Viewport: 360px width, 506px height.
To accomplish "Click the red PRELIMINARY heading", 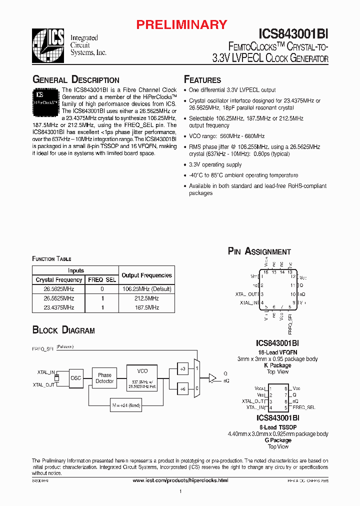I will (x=182, y=24).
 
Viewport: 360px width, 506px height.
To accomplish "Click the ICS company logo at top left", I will (x=49, y=41).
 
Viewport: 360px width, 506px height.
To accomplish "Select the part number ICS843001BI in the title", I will (x=293, y=33).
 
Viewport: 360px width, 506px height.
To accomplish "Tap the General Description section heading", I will (x=76, y=80).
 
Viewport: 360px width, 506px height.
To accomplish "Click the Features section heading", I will (x=202, y=80).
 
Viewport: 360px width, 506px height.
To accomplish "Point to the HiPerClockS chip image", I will (x=46, y=100).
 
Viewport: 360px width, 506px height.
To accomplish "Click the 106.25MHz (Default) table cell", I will (x=146, y=289).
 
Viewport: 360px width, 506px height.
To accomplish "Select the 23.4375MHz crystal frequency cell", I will (x=59, y=307).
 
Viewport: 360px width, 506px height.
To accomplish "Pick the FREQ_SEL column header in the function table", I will (x=101, y=280).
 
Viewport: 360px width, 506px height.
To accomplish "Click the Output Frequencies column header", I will (x=146, y=275).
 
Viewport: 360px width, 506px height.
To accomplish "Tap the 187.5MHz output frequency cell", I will (x=146, y=307).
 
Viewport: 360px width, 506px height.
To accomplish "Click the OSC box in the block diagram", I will (x=76, y=378).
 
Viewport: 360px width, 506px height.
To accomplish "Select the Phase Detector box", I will (x=104, y=378).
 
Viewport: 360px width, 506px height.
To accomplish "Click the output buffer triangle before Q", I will (x=212, y=377).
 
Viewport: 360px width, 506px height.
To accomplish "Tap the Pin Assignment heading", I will (x=259, y=251).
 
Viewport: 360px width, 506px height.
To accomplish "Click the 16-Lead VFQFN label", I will (x=277, y=352).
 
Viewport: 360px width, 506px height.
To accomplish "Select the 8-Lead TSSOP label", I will (x=277, y=427).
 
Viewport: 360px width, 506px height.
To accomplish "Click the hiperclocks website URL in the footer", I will (x=180, y=480).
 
